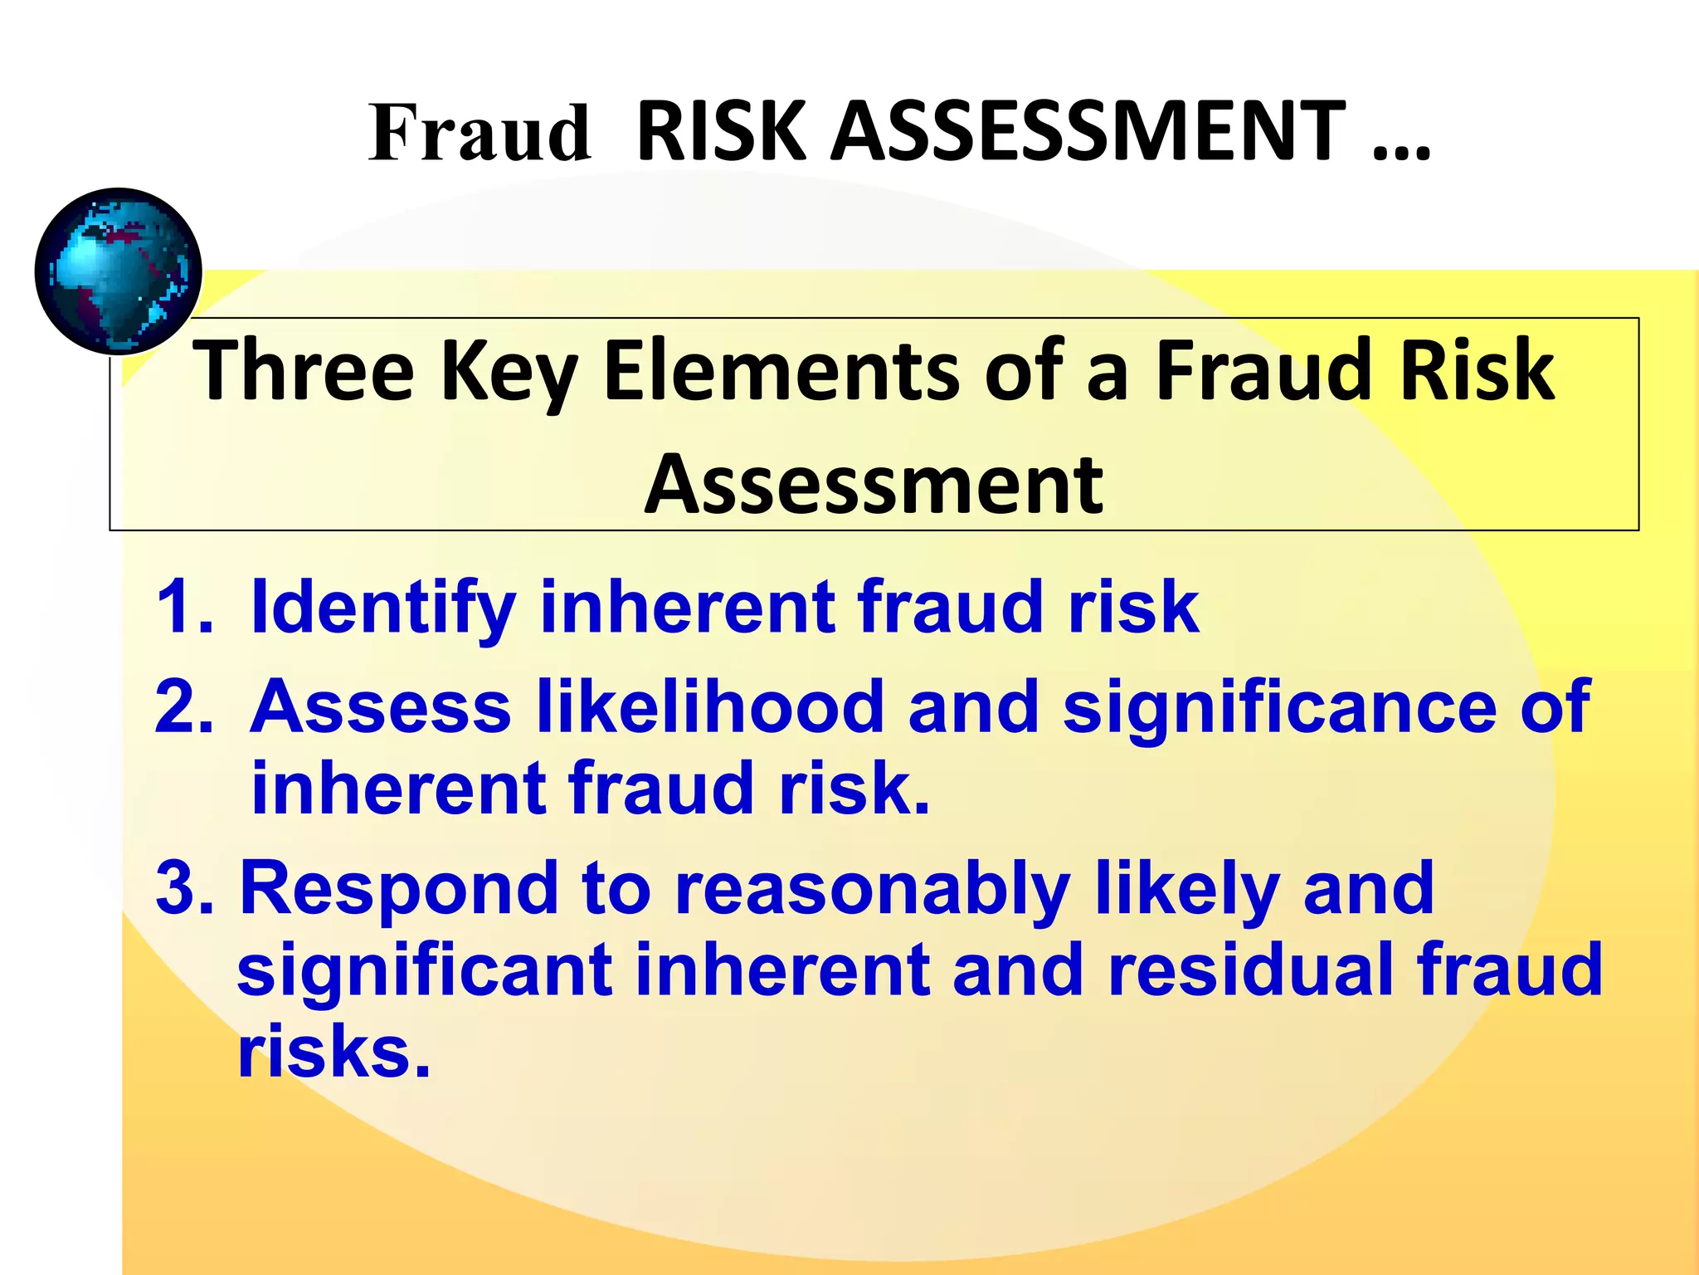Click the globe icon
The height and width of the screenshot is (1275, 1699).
tap(119, 271)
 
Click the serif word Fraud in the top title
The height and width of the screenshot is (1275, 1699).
tap(480, 133)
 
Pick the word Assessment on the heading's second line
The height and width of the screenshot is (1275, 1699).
tap(874, 485)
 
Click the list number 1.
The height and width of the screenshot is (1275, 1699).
tap(183, 607)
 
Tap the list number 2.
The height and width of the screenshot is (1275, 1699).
tap(183, 706)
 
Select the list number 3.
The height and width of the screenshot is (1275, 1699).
tap(183, 888)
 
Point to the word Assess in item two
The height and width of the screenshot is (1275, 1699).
tap(381, 706)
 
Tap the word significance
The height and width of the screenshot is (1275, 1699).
tap(1280, 708)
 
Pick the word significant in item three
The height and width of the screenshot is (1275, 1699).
tap(425, 970)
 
